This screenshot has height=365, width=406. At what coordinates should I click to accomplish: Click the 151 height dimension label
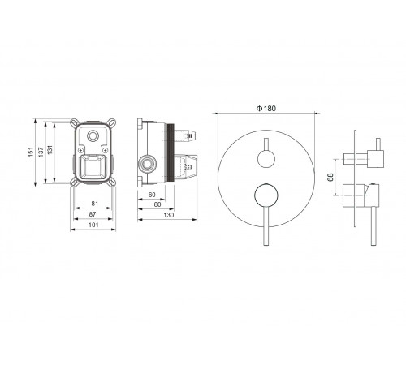click(31, 152)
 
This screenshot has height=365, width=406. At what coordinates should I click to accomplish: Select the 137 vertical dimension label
click(41, 152)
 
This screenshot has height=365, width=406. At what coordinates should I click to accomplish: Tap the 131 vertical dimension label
click(50, 150)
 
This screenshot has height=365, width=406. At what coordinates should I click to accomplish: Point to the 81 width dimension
click(95, 204)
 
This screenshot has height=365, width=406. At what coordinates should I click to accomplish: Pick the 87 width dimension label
click(93, 214)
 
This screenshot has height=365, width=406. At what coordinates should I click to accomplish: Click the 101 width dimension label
click(93, 225)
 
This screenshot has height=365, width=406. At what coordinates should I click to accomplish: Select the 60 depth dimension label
click(152, 195)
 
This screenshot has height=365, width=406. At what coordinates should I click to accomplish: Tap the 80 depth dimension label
click(158, 204)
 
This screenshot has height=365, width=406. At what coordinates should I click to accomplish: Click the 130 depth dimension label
click(169, 215)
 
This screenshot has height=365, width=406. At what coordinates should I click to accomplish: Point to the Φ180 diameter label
click(266, 109)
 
